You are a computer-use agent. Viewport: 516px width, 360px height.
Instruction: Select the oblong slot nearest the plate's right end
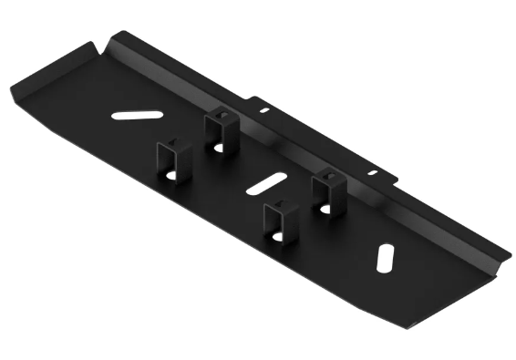coord(386,257)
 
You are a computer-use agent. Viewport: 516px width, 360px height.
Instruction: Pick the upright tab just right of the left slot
coord(219,127)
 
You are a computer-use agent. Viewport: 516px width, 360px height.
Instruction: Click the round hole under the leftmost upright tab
coord(170,176)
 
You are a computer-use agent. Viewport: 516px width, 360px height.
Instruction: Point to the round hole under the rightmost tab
coord(325,209)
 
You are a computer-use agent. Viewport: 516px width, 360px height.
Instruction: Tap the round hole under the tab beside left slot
coord(217,145)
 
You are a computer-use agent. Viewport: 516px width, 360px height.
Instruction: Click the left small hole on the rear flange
coord(264,110)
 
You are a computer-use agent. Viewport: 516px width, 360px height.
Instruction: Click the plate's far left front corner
coord(14,87)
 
